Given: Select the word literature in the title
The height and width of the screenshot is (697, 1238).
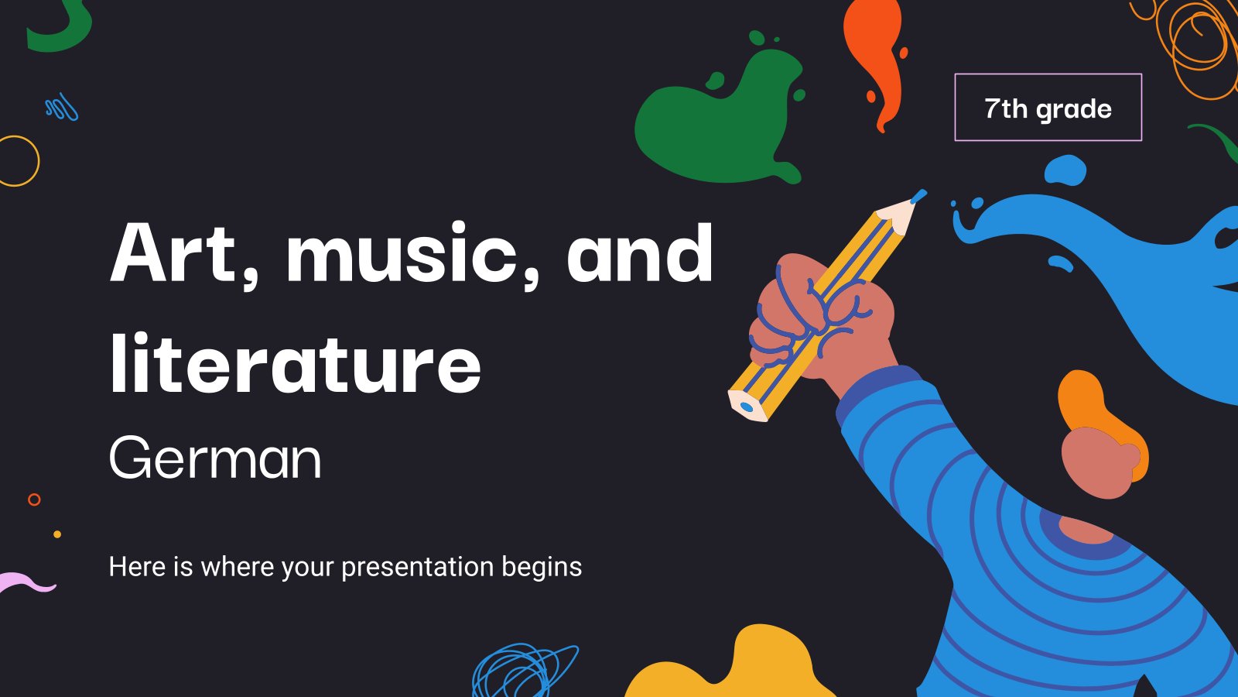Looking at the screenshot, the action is coord(296,363).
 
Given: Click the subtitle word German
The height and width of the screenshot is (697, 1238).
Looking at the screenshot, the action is coord(215,458).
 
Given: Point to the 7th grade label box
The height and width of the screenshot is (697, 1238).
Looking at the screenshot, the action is coord(1048,108).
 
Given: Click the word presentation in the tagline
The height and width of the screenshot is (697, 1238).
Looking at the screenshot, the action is coord(417,568).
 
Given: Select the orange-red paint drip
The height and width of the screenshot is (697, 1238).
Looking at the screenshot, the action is coord(875,61).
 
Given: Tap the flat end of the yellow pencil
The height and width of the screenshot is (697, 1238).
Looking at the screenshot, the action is coord(747,407).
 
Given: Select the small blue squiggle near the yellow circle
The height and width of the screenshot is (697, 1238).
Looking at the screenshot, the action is coord(62,108).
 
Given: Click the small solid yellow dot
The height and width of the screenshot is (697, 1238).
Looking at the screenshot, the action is coord(57,534).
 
